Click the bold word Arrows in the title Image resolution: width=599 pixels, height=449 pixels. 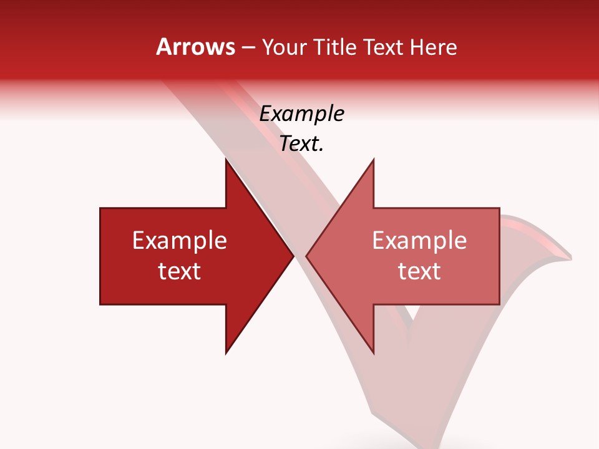pyautogui.click(x=195, y=47)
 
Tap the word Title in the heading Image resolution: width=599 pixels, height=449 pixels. pyautogui.click(x=335, y=47)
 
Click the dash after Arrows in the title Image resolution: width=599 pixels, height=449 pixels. pyautogui.click(x=248, y=48)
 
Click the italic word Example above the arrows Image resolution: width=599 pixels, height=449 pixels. pyautogui.click(x=301, y=113)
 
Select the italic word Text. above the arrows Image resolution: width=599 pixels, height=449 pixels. pyautogui.click(x=301, y=144)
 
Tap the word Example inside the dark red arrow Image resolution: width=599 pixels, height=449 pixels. pyautogui.click(x=180, y=241)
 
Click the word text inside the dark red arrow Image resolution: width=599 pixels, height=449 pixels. pyautogui.click(x=180, y=271)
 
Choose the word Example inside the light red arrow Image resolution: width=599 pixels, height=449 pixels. pyautogui.click(x=419, y=241)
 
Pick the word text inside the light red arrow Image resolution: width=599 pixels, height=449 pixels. pyautogui.click(x=419, y=271)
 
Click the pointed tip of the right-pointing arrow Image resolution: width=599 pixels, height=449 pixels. pyautogui.click(x=294, y=256)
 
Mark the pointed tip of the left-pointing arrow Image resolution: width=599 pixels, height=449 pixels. pyautogui.click(x=306, y=256)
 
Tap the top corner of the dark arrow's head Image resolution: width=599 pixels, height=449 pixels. pyautogui.click(x=226, y=158)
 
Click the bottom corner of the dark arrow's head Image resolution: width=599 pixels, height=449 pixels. pyautogui.click(x=226, y=354)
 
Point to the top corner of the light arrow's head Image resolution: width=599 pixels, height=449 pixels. pyautogui.click(x=373, y=158)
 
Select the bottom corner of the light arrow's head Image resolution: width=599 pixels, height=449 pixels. pyautogui.click(x=373, y=354)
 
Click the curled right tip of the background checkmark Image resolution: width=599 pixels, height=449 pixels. pyautogui.click(x=570, y=256)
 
